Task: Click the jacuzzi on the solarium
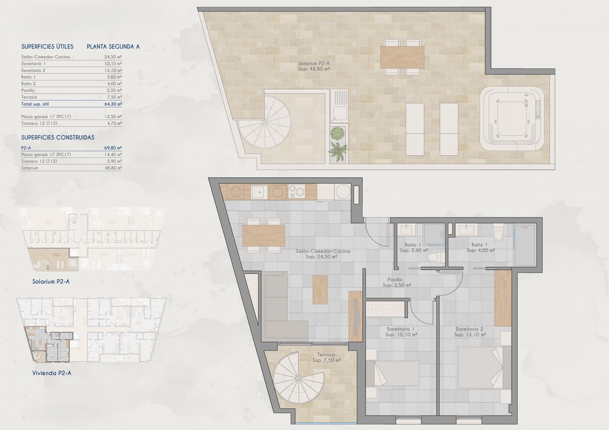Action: [512, 119]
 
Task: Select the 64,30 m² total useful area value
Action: [113, 104]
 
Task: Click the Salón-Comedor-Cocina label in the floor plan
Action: [323, 251]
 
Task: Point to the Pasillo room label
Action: [395, 279]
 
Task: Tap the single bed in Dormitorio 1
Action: [392, 373]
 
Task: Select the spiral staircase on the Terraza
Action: [299, 378]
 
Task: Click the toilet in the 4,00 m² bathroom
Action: [498, 233]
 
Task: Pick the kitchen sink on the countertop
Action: [259, 192]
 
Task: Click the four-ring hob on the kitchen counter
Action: [297, 192]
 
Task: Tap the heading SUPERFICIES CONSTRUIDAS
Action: [57, 138]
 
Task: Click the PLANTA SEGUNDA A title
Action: [113, 47]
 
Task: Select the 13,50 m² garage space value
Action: [113, 117]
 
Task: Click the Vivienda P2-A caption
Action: [52, 373]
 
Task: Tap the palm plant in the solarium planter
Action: [338, 151]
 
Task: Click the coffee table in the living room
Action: [320, 290]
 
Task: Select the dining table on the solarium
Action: [402, 57]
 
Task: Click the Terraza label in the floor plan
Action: [326, 355]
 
